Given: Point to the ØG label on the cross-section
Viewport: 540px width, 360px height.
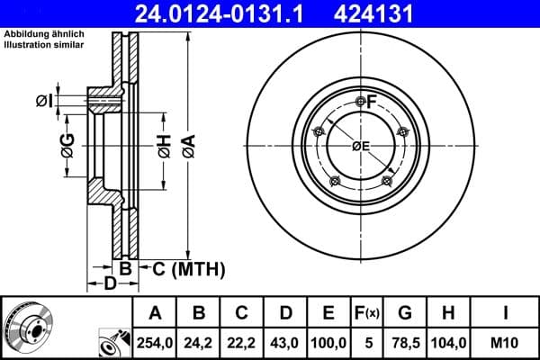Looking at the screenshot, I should click(67, 145).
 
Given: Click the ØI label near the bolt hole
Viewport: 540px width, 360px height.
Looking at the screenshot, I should click(42, 99).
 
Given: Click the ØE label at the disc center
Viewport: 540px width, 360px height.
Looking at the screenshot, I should click(360, 147).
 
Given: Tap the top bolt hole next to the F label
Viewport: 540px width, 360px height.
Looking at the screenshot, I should click(360, 101).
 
